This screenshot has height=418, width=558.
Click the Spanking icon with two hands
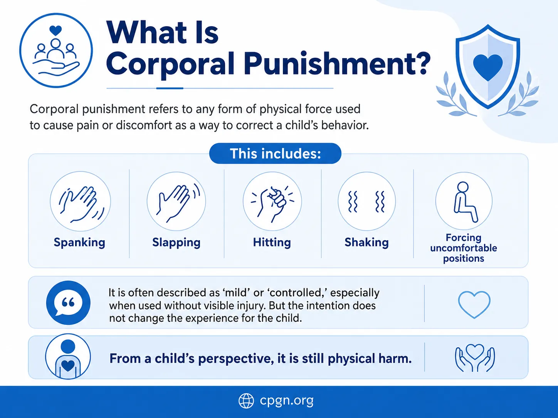coord(80,201)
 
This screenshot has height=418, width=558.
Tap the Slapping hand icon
coord(176,201)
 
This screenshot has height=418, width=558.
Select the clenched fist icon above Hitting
coord(272,201)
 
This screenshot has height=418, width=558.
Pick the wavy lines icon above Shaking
coord(366,201)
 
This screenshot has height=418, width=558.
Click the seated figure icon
coord(464,201)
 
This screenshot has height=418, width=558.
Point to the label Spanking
coord(79,242)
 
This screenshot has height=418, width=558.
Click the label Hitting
coord(272,242)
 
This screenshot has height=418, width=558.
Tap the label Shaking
coord(366,242)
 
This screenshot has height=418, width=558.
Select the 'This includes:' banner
coord(275,153)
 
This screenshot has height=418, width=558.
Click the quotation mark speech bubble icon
coord(68,303)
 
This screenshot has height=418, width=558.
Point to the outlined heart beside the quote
coord(474,304)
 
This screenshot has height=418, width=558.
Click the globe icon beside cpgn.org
coord(246,401)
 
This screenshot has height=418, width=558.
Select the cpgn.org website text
coord(286,401)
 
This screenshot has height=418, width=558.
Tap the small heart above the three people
coord(55,30)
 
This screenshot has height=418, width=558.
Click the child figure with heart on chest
coord(68,356)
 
